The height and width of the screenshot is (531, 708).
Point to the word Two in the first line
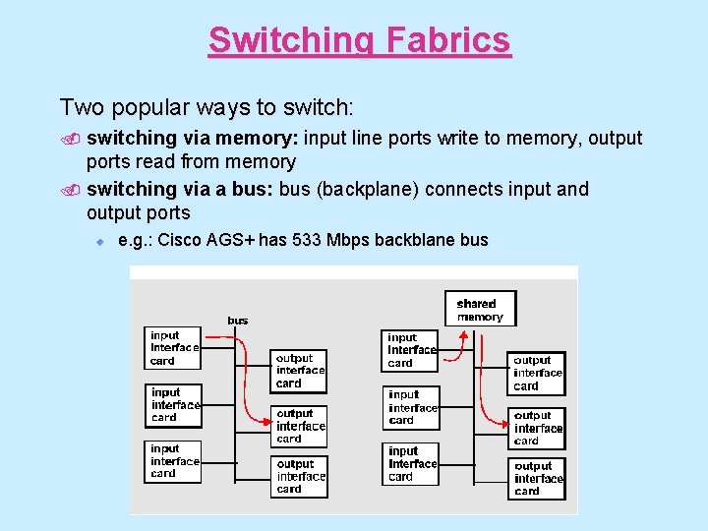pos(81,106)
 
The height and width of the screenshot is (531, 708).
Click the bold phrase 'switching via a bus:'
pos(180,189)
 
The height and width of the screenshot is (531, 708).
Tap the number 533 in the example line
pos(295,240)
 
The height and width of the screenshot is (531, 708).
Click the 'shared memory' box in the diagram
pos(480,309)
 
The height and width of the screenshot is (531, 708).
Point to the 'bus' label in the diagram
pos(238,320)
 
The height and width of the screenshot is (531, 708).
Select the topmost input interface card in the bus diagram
pos(173,347)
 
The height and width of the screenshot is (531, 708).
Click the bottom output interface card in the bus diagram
pos(299,476)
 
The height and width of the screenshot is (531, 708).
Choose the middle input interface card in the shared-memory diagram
pos(411,407)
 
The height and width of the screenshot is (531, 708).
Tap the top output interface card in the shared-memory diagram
pos(537,373)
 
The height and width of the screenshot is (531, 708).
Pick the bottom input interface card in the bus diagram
pos(174,461)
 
